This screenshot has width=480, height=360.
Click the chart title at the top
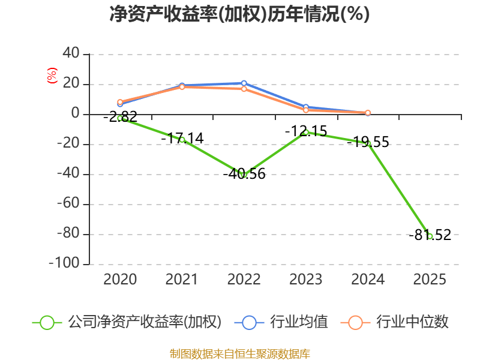[239, 14]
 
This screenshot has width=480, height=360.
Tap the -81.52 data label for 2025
[430, 235]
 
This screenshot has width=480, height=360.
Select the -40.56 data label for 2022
[244, 174]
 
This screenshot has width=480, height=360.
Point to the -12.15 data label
[306, 131]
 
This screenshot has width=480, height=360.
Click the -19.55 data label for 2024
[368, 142]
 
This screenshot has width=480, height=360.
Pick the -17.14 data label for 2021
[182, 139]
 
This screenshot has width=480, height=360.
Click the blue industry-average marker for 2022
[244, 83]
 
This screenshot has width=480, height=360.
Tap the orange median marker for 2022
[244, 89]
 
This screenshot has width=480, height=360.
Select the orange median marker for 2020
[121, 102]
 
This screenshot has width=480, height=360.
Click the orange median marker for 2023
[306, 110]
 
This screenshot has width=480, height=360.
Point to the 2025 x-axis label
[430, 279]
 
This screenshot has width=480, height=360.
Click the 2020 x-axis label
[120, 279]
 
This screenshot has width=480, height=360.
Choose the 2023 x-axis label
[306, 279]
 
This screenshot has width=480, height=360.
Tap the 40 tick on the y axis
[71, 53]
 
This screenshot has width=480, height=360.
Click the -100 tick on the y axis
[64, 263]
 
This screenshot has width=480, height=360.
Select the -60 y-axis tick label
[68, 203]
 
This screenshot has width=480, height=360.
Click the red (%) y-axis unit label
[52, 76]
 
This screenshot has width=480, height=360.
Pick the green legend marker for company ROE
[47, 323]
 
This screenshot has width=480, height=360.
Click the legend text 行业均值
[299, 322]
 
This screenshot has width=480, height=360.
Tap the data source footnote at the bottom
[239, 354]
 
